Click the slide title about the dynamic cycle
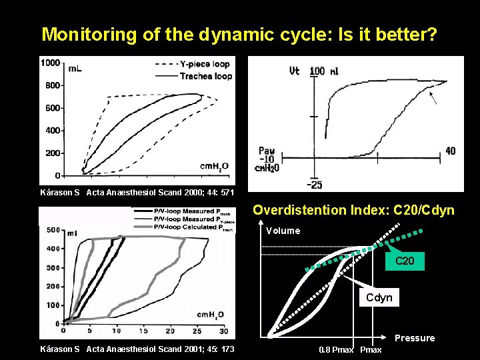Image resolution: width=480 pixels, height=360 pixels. (240, 34)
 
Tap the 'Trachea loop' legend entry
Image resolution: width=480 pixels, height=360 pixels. (206, 76)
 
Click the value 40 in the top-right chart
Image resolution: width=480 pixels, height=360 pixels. (451, 151)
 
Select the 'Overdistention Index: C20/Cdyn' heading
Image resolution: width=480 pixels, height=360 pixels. (353, 211)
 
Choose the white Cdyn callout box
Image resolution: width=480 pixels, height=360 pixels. (379, 298)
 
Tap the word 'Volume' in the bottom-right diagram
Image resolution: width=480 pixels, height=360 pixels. (283, 231)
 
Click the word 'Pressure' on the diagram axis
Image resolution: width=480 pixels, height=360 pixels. (415, 338)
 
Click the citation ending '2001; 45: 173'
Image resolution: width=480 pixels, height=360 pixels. (137, 349)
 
